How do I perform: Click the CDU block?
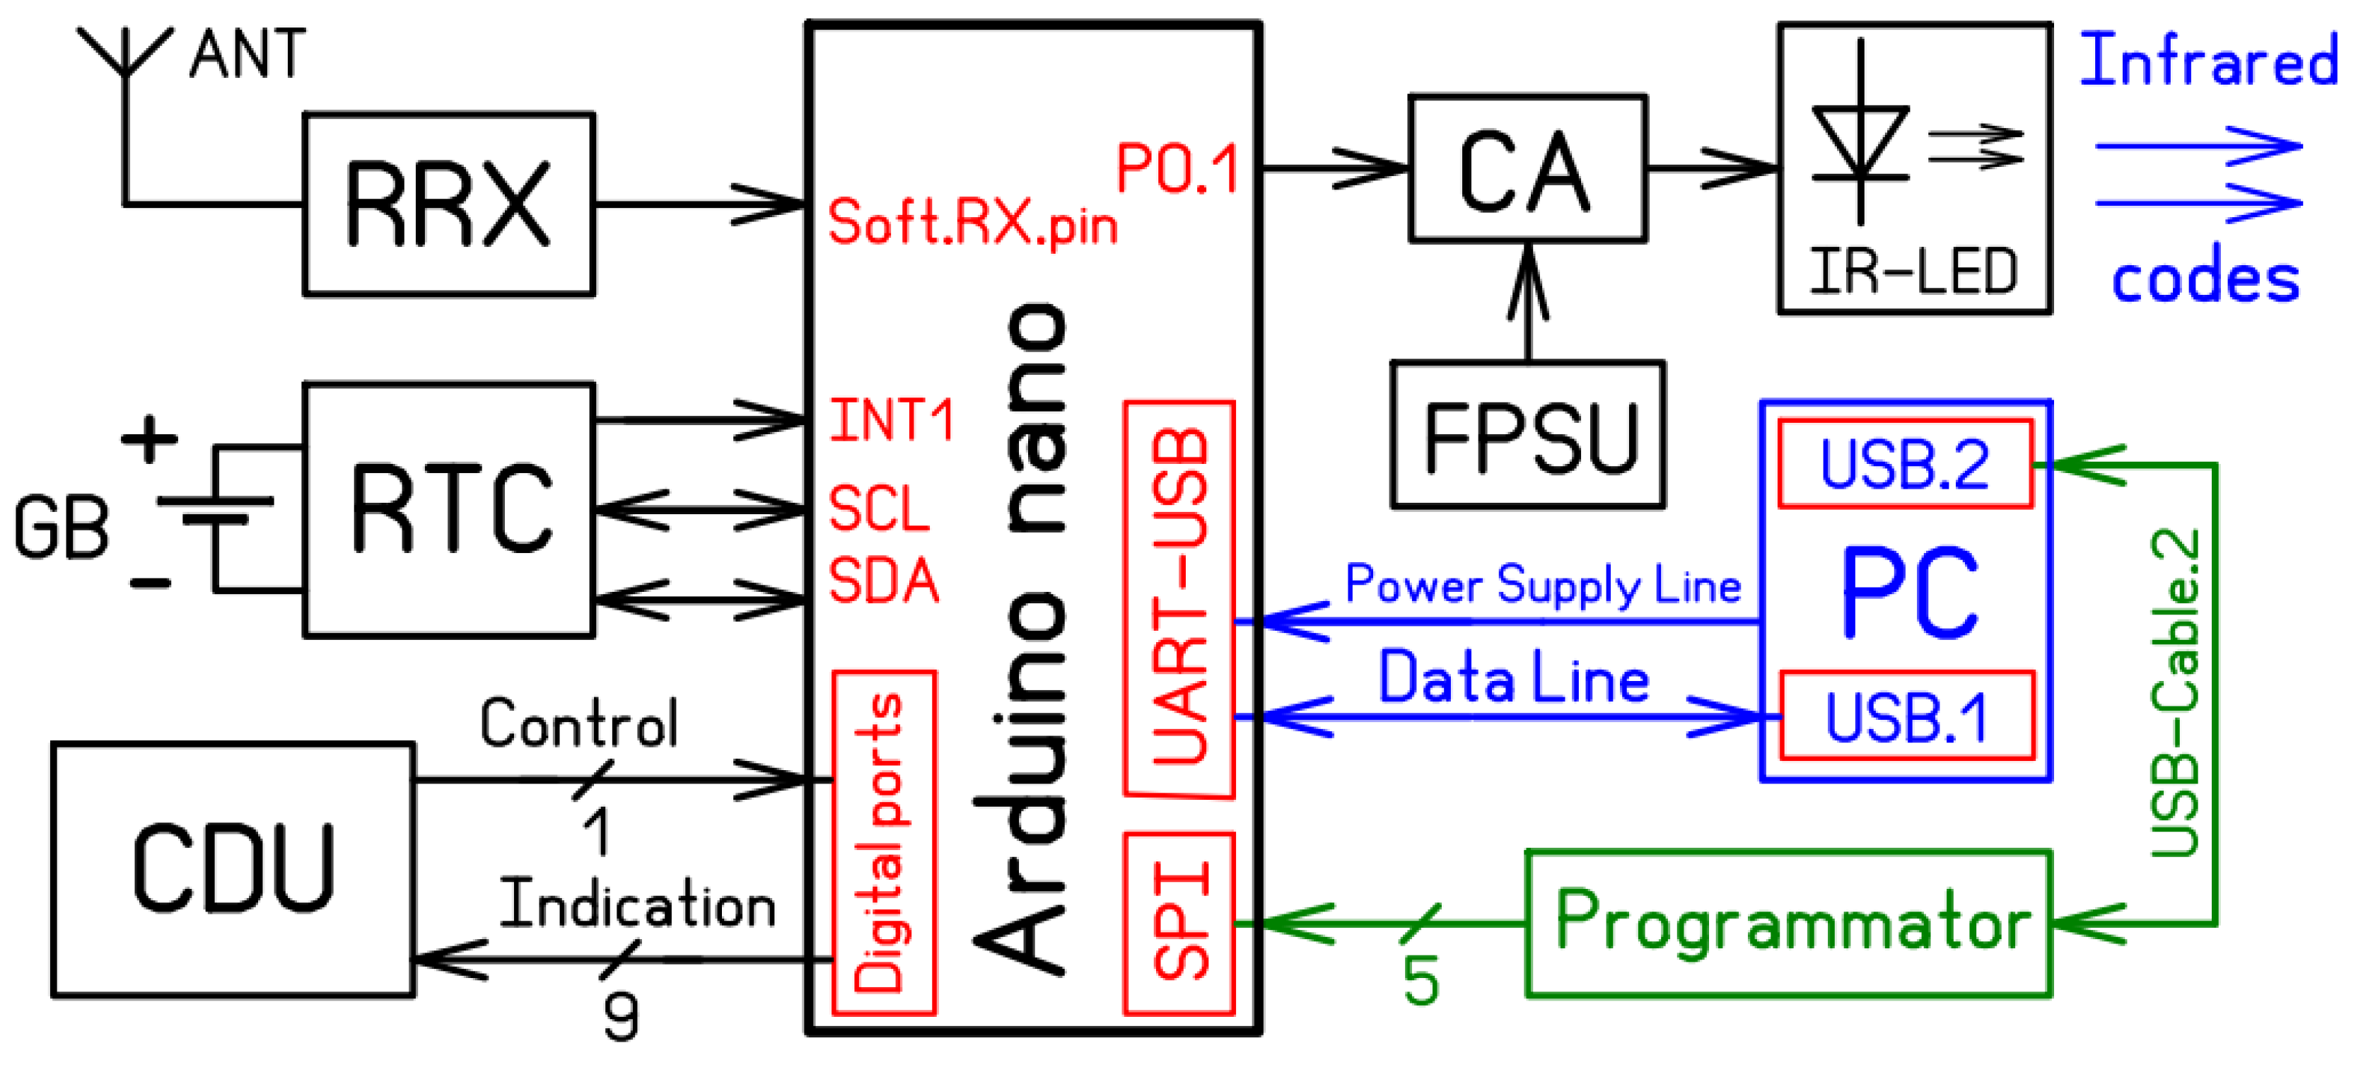[233, 868]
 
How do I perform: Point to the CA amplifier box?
[1527, 169]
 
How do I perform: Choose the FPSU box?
[1527, 435]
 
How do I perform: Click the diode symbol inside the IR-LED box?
[1860, 142]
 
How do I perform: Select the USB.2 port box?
[1904, 464]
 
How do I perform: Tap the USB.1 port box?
[1906, 716]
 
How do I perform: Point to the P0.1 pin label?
[1177, 169]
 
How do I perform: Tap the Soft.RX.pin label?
[972, 222]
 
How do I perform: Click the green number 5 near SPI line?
[1421, 982]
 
